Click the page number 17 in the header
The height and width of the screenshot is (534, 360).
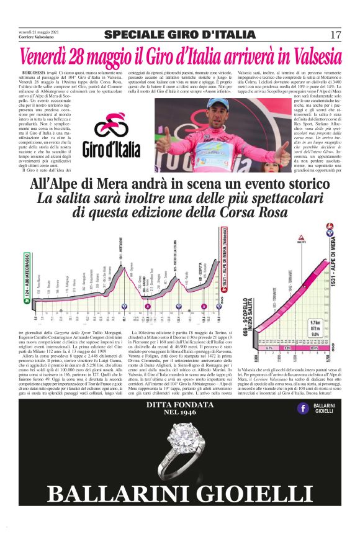(x=336, y=35)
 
